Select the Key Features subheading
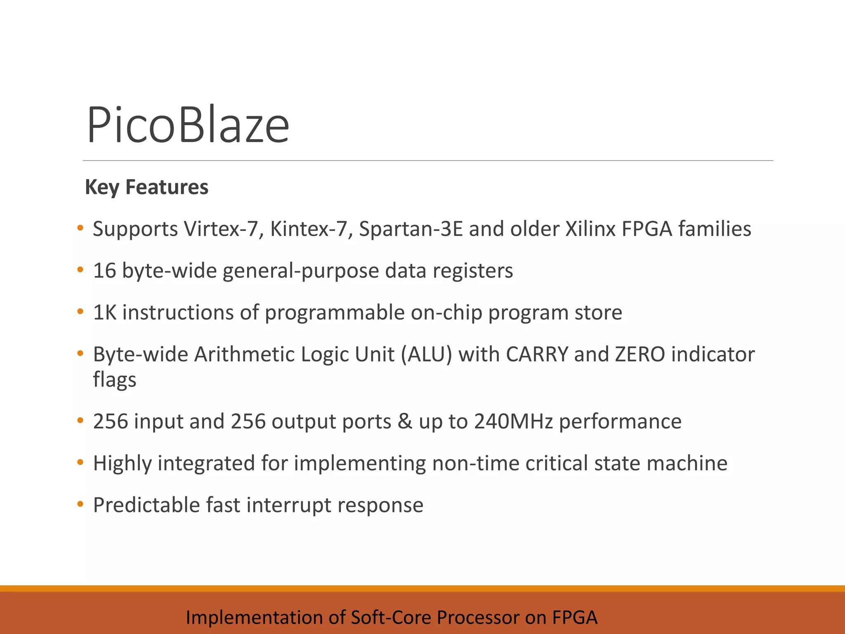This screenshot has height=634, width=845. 146,187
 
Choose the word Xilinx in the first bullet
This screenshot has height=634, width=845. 590,229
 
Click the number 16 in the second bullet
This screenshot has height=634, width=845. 104,271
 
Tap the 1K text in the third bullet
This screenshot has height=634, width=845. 105,312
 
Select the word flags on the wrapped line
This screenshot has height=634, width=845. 114,380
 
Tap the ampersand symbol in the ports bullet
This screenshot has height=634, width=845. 405,421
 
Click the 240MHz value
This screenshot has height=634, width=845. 513,421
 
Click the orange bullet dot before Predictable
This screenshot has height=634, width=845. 80,504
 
